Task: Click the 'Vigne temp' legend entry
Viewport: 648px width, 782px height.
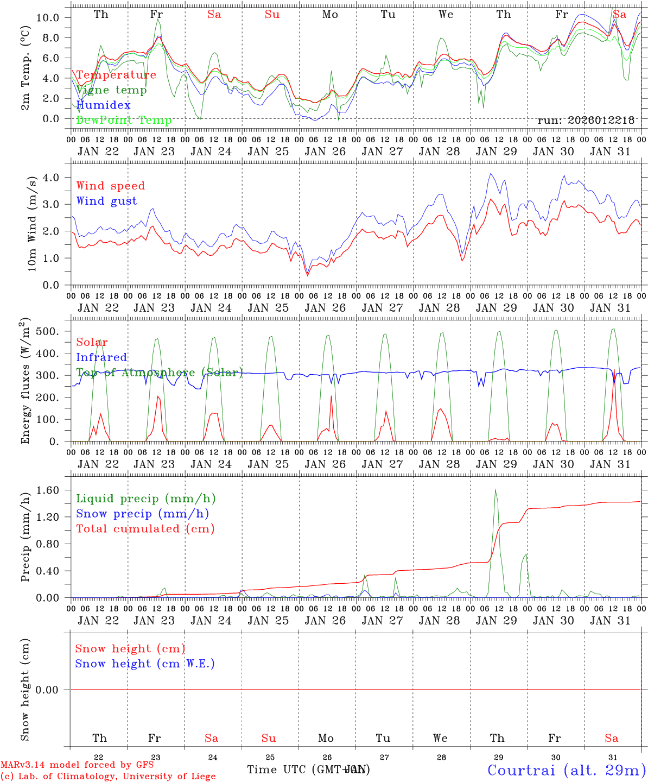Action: point(111,90)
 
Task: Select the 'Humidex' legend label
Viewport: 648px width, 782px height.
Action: point(103,105)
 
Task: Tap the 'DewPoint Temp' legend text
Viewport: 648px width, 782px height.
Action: point(124,121)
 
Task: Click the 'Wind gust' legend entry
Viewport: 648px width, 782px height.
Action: point(106,201)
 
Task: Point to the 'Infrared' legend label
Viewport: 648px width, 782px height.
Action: point(101,357)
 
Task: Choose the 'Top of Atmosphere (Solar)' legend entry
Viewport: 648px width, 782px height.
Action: point(159,373)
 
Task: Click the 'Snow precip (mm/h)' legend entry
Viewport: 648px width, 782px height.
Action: point(142,514)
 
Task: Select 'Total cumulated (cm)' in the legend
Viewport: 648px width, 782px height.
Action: point(145,529)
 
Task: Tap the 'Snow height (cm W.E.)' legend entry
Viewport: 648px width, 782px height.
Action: point(145,664)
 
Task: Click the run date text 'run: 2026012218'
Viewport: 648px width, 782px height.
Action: point(586,120)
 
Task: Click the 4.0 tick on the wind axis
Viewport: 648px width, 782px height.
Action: point(52,178)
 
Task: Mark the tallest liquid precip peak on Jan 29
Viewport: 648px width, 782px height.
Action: point(495,490)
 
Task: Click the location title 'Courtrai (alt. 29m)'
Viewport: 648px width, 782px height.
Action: point(567,770)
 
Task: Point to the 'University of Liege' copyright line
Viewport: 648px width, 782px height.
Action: point(108,777)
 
